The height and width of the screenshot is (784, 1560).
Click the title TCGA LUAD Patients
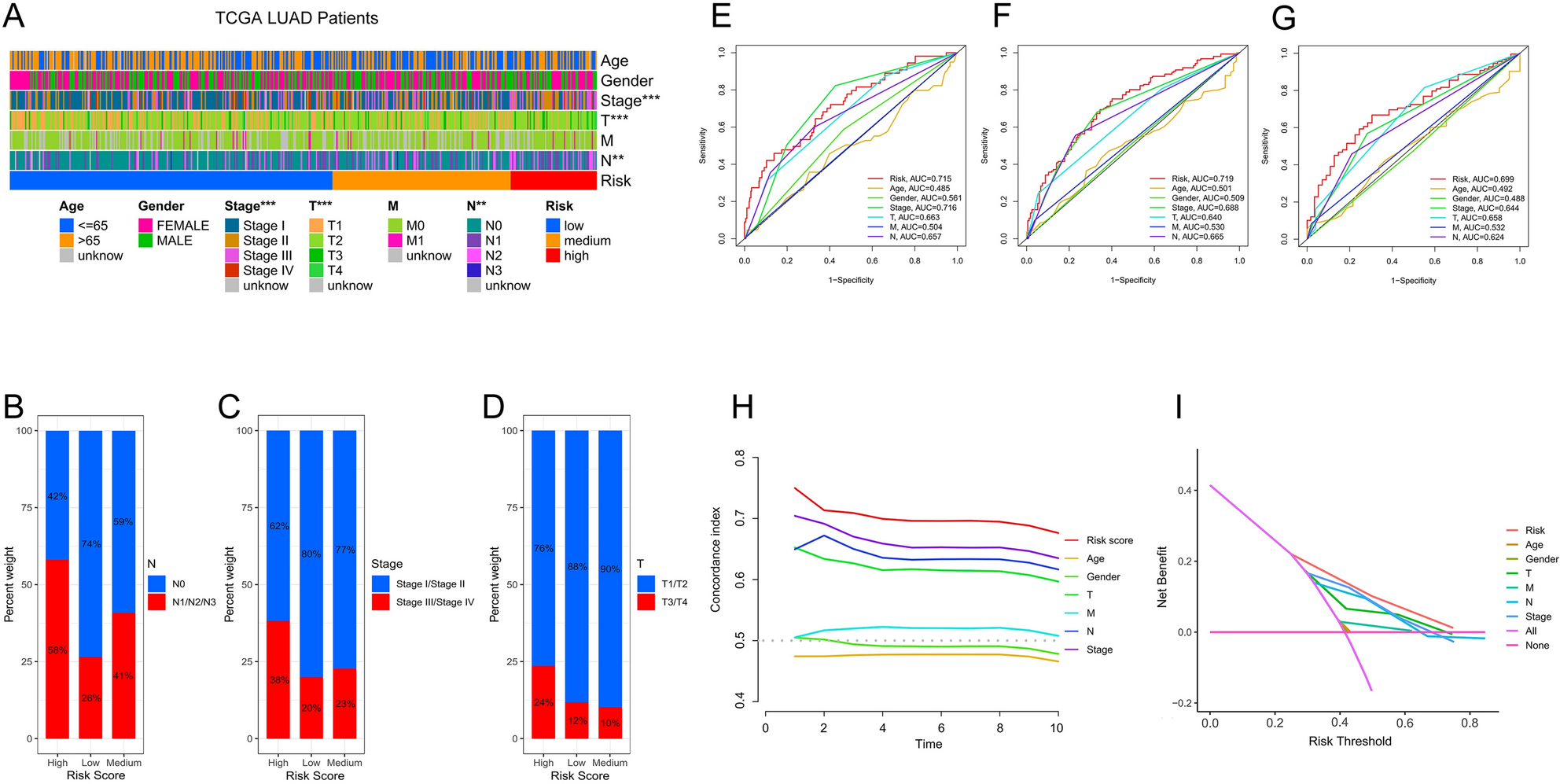pyautogui.click(x=296, y=18)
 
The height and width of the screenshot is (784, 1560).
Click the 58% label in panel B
pyautogui.click(x=57, y=650)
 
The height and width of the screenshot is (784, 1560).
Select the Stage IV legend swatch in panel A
pyautogui.click(x=232, y=271)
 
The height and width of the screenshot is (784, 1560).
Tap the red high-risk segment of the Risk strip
pyautogui.click(x=553, y=181)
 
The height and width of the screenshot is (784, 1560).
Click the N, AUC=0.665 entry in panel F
pyautogui.click(x=1197, y=237)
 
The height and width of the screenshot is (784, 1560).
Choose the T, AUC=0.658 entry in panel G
pyautogui.click(x=1476, y=218)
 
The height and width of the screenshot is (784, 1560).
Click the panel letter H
pyautogui.click(x=742, y=407)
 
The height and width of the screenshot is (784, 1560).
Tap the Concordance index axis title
pyautogui.click(x=716, y=560)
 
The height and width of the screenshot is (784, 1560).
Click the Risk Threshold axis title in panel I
pyautogui.click(x=1349, y=741)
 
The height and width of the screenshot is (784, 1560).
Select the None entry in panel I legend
pyautogui.click(x=1536, y=646)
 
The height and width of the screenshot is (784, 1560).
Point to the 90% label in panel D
pyautogui.click(x=610, y=569)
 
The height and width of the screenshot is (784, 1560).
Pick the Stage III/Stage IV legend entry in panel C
pyautogui.click(x=435, y=602)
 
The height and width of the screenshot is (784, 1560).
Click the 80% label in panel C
pyautogui.click(x=311, y=554)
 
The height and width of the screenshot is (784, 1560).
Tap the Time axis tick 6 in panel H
pyautogui.click(x=940, y=728)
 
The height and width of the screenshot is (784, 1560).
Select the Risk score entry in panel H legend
pyautogui.click(x=1109, y=540)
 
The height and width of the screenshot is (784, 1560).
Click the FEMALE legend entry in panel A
pyautogui.click(x=182, y=226)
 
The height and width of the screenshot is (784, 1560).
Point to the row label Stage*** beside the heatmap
pyautogui.click(x=630, y=101)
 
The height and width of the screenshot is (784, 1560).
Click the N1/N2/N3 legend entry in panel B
pyautogui.click(x=193, y=602)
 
